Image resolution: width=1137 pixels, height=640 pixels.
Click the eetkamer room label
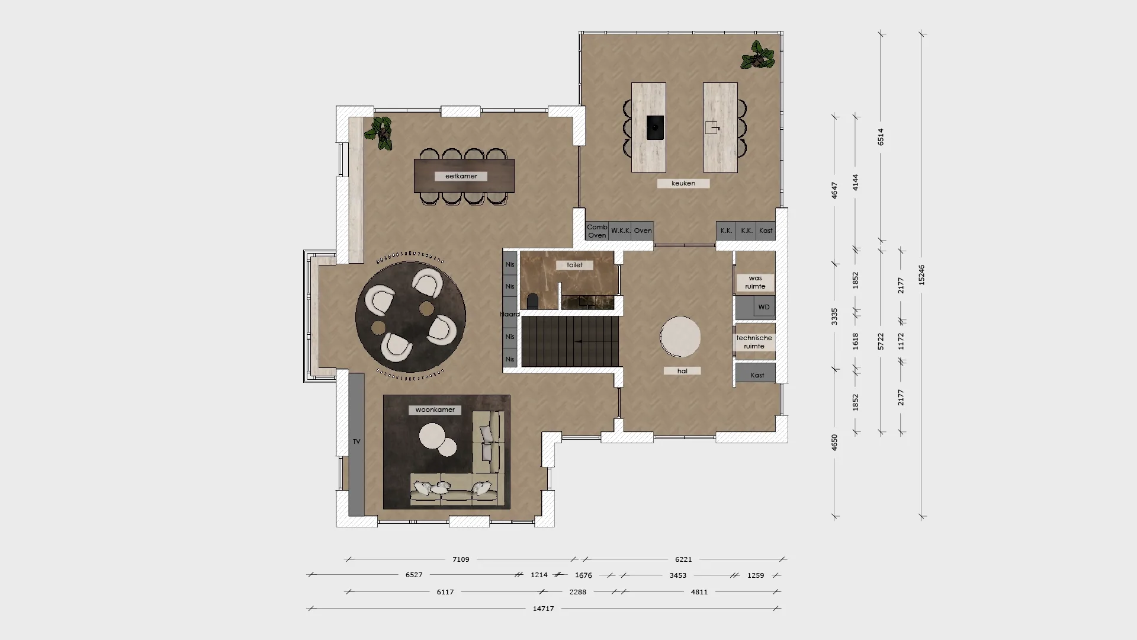461,176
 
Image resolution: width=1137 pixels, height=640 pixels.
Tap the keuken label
683,184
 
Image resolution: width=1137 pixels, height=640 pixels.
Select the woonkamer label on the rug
435,409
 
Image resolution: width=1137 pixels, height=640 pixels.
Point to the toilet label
574,265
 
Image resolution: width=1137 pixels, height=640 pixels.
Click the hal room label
682,371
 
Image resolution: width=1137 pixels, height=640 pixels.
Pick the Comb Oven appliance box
597,231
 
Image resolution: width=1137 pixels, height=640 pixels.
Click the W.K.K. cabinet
621,231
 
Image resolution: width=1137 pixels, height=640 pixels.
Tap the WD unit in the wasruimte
763,307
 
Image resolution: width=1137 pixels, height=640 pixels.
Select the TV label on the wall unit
356,441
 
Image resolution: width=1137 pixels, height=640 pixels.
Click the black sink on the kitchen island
655,127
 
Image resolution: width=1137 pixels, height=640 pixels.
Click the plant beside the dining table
380,133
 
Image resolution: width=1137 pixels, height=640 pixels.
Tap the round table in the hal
680,337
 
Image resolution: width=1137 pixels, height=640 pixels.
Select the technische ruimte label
754,342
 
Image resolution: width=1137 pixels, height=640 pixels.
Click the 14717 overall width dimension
543,609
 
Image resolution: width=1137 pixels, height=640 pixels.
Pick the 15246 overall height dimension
921,275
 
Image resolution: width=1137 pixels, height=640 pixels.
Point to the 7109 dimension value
461,559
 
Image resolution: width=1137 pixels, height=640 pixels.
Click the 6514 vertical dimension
881,137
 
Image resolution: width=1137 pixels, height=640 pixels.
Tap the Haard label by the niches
509,314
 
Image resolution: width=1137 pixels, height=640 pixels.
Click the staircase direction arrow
578,341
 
